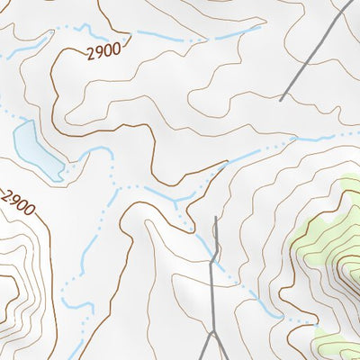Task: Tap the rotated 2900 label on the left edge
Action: (18, 203)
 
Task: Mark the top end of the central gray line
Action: (217, 218)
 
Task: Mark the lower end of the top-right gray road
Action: (282, 99)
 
